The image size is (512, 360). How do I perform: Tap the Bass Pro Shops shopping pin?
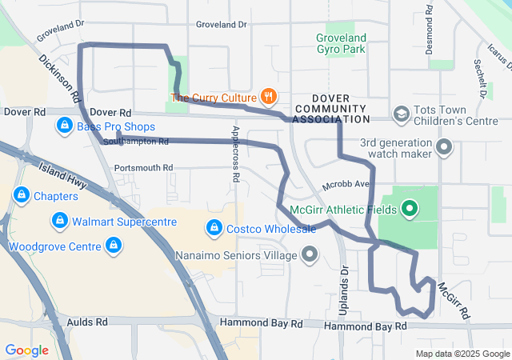65,126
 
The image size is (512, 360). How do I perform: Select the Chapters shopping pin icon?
22,195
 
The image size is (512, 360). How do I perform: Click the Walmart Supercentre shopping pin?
58,220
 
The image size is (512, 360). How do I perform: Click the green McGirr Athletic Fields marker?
410,210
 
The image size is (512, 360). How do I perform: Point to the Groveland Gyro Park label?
341,43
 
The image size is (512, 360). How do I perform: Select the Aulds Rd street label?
88,322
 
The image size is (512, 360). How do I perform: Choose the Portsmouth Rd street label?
143,168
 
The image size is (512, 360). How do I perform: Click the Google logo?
26,350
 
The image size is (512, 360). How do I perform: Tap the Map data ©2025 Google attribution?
462,354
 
